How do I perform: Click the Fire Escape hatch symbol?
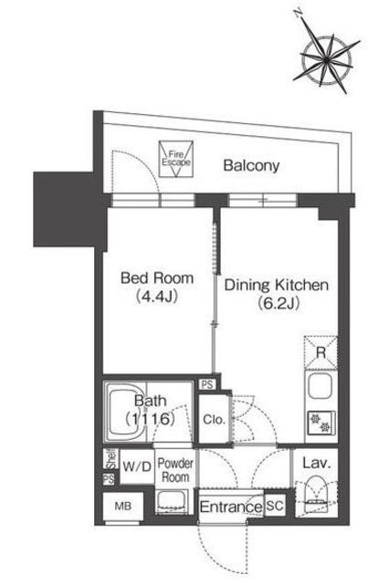coord(176,159)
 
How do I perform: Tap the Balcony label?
coord(251,165)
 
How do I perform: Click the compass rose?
coord(326,58)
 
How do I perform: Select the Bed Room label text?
coord(157,278)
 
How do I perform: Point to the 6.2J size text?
coord(278,304)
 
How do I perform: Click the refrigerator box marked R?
coord(321,352)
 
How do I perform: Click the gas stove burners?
coord(321,423)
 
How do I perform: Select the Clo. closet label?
coord(214,420)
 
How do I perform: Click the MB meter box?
coord(123,506)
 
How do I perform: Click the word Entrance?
coord(231,507)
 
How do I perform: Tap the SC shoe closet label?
coord(275,506)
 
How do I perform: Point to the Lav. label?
coord(317,464)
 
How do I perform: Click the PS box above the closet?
coord(207,384)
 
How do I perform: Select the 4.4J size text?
coord(156,297)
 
